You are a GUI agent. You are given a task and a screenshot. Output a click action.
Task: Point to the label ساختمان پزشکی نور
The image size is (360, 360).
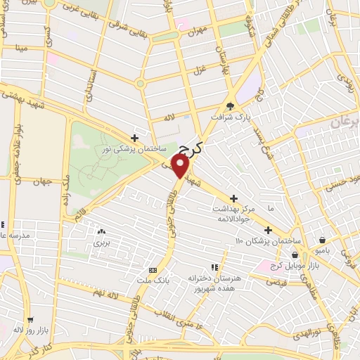coord(139,150)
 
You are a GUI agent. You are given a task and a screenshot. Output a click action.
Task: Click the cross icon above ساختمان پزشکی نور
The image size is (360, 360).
coord(134,138)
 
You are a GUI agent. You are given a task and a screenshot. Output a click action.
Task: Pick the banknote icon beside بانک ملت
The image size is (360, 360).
coord(153,270)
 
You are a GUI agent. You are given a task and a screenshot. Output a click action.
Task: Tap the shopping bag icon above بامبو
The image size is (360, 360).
coord(322,240)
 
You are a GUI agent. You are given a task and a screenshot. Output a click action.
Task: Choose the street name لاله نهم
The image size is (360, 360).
coord(94,292)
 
